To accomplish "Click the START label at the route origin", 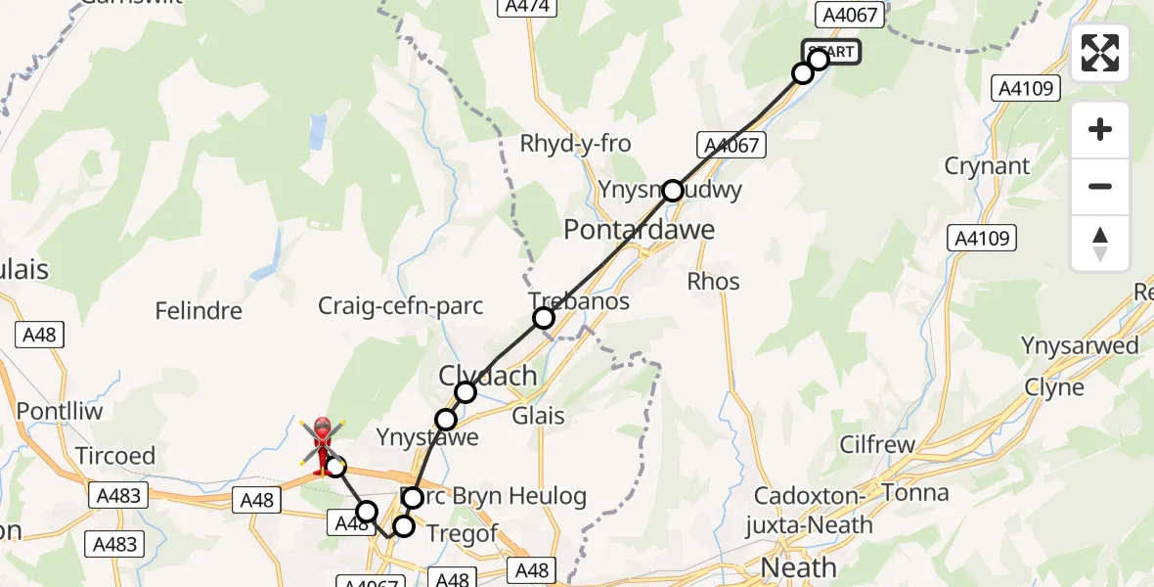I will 832,52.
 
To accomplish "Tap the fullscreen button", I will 1100,53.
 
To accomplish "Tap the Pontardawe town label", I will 640,231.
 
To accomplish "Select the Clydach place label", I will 488,375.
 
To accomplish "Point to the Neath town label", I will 799,566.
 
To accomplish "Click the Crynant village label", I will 987,165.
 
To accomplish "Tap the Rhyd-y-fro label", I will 575,144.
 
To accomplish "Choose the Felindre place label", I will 199,311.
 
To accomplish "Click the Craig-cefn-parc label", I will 401,306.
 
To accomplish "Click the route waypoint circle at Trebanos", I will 543,317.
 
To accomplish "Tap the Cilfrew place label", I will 877,445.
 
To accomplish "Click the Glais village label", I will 538,417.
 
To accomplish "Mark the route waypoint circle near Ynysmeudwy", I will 672,191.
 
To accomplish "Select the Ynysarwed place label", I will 1080,345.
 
